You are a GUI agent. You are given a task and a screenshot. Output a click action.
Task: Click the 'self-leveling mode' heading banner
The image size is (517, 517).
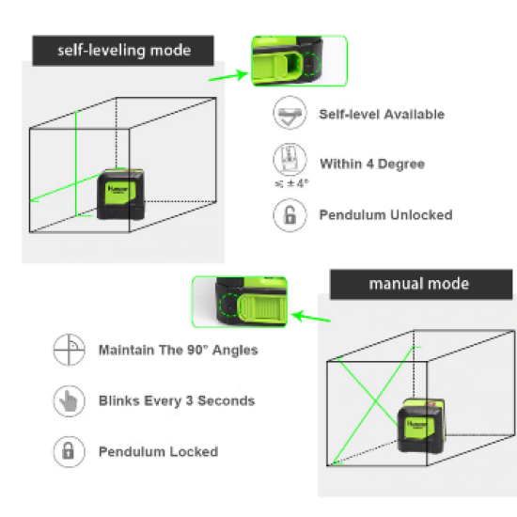pyautogui.click(x=123, y=51)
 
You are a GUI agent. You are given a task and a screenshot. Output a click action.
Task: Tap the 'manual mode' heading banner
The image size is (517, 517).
pyautogui.click(x=421, y=284)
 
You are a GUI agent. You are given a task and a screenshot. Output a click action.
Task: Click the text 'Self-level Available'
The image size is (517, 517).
pyautogui.click(x=382, y=115)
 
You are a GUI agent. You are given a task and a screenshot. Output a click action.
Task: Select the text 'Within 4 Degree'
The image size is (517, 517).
pyautogui.click(x=372, y=164)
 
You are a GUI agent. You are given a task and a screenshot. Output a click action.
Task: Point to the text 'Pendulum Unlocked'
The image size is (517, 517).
pyautogui.click(x=385, y=215)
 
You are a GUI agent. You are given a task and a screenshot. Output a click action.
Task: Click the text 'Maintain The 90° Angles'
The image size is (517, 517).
pyautogui.click(x=179, y=351)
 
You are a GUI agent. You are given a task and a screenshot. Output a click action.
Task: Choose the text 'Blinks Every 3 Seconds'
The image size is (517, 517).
pyautogui.click(x=177, y=401)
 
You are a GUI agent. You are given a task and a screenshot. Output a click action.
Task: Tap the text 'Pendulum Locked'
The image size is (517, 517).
pyautogui.click(x=158, y=452)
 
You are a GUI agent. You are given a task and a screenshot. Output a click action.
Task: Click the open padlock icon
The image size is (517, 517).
pyautogui.click(x=290, y=215)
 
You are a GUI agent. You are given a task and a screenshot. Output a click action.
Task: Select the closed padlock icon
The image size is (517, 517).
pyautogui.click(x=69, y=452)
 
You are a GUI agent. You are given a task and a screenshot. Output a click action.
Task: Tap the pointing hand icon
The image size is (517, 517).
pyautogui.click(x=69, y=401)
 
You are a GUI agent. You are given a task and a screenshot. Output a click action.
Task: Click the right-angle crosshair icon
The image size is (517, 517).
pyautogui.click(x=69, y=350)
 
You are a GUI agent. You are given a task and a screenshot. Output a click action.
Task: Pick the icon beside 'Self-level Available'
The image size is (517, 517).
pyautogui.click(x=290, y=113)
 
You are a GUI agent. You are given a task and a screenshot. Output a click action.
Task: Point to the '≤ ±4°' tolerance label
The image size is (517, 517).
pyautogui.click(x=292, y=183)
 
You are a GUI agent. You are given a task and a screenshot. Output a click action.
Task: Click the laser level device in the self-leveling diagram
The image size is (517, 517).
pyautogui.click(x=120, y=194)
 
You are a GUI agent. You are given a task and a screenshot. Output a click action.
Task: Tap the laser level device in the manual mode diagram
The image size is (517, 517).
pyautogui.click(x=422, y=425)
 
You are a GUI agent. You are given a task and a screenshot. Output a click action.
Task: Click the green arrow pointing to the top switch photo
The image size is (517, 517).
pyautogui.click(x=228, y=76)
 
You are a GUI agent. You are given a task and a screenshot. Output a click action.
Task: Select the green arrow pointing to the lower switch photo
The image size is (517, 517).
pyautogui.click(x=311, y=317)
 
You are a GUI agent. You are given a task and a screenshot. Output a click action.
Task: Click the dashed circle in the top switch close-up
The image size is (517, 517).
pyautogui.click(x=310, y=63)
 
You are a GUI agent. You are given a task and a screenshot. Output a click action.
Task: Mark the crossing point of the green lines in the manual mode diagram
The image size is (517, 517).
pyautogui.click(x=376, y=401)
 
